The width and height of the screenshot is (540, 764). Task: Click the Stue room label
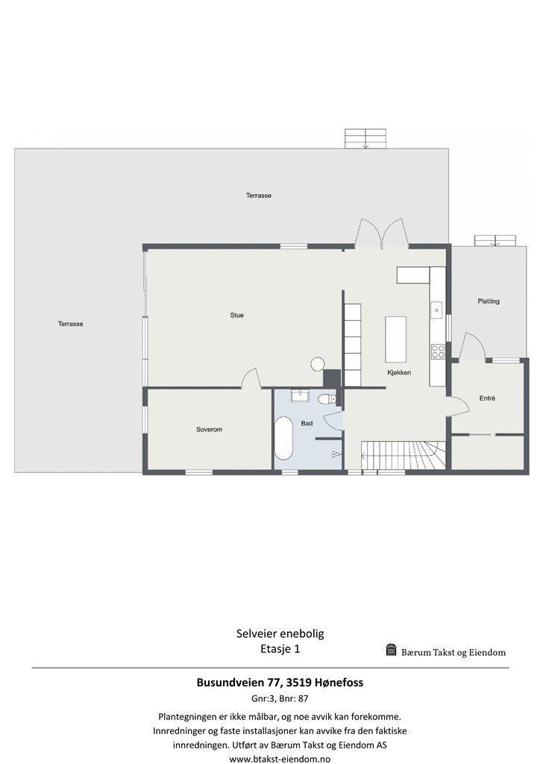click(x=237, y=316)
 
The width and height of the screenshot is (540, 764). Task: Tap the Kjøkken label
click(x=400, y=372)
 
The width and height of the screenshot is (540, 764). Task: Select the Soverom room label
click(x=209, y=430)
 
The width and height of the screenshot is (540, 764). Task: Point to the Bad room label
click(x=307, y=424)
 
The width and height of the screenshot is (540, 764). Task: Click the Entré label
click(x=488, y=398)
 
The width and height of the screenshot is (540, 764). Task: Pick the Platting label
click(x=489, y=301)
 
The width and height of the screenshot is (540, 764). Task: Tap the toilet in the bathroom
click(x=326, y=400)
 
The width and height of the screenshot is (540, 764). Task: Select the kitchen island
click(x=395, y=339)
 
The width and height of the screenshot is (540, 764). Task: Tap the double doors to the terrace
click(x=381, y=234)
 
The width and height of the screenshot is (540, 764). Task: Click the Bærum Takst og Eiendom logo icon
click(x=391, y=650)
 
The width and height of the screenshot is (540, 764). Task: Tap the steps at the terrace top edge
click(x=366, y=139)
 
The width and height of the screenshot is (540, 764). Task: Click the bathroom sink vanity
click(x=301, y=395)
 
